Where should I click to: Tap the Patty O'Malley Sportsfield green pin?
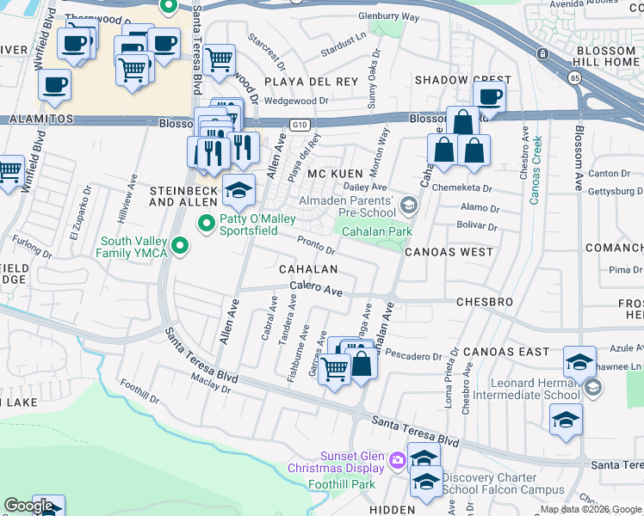tap(206, 224)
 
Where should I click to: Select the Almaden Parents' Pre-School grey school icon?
tap(408, 205)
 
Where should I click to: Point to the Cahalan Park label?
tap(377, 231)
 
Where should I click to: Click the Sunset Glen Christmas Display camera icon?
tap(397, 461)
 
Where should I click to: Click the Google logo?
tap(28, 506)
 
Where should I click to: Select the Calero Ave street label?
tap(315, 289)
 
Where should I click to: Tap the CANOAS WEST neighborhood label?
tap(449, 252)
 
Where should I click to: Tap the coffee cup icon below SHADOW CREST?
tap(489, 97)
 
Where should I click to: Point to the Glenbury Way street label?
tap(388, 16)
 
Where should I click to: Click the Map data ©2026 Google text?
tap(591, 509)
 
